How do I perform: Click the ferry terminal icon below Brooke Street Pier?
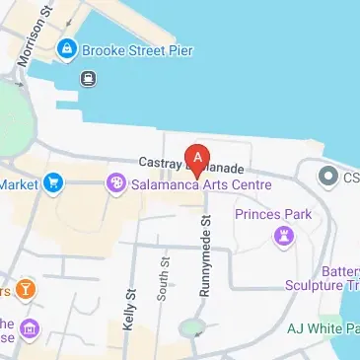(x=88, y=77)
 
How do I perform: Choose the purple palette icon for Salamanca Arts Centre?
(x=115, y=182)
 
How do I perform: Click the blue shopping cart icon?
(x=52, y=182)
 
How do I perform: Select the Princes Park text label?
(x=272, y=213)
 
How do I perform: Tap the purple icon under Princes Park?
(x=285, y=234)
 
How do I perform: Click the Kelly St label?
(x=128, y=308)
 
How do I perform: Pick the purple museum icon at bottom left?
(x=31, y=327)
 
